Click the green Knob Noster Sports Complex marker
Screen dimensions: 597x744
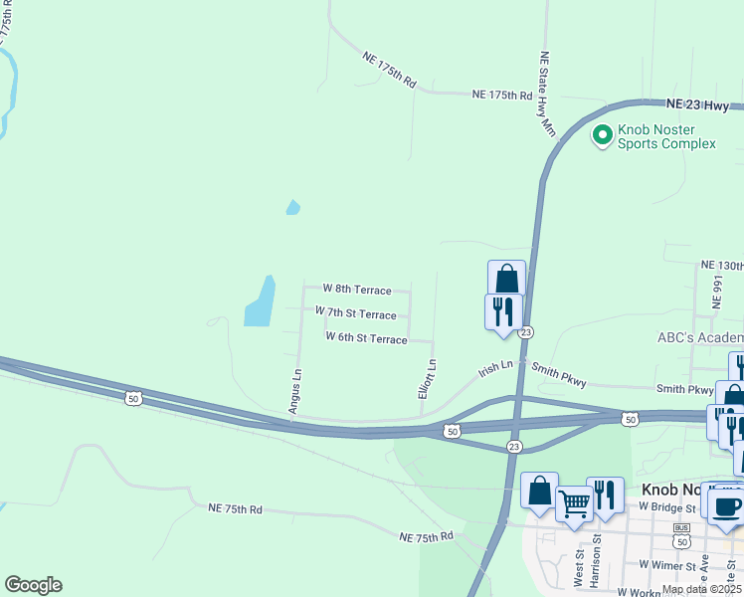click(602, 134)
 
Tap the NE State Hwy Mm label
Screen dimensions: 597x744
click(546, 94)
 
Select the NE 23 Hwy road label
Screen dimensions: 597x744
click(696, 102)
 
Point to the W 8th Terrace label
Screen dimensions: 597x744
click(362, 290)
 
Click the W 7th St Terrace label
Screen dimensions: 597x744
click(355, 313)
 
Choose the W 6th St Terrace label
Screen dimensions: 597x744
click(366, 338)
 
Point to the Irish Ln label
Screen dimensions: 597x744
click(495, 367)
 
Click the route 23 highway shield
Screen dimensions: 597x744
click(526, 332)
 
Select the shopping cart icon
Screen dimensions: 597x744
click(574, 504)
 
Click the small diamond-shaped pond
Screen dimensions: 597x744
click(292, 208)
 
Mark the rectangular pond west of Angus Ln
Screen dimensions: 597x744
click(261, 300)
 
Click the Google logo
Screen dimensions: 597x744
click(33, 585)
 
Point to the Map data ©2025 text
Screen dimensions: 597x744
click(701, 589)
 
